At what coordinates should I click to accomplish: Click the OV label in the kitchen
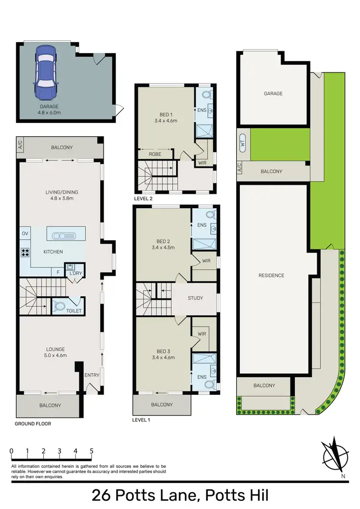(25, 234)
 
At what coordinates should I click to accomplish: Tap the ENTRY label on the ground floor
(91, 375)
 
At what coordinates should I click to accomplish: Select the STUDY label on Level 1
(195, 298)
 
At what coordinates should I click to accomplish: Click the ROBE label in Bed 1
(155, 155)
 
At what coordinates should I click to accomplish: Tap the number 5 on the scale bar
(91, 451)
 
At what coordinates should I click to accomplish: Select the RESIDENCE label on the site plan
(271, 275)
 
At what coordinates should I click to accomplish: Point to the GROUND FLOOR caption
(33, 424)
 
